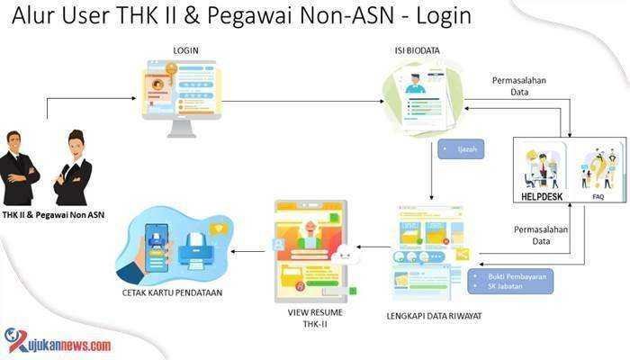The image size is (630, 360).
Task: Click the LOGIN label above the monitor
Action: pos(185,50)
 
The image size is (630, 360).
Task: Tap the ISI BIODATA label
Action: pos(417,50)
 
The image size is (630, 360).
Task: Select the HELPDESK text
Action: pos(542,196)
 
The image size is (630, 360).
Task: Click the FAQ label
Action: pos(598,197)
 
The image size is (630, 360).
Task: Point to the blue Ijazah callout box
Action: pos(461,149)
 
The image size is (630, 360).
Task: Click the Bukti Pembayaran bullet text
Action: pos(517,276)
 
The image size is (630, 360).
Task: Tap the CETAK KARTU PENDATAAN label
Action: pos(172,292)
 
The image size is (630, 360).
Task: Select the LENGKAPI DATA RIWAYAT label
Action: pos(434,316)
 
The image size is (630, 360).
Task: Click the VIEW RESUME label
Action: pos(315,312)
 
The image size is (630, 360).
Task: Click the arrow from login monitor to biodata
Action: pos(303,101)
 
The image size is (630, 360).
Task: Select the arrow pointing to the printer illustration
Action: pos(247,252)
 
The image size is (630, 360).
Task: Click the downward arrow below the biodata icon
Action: pos(431,170)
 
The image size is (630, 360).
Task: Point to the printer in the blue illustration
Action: pos(196,251)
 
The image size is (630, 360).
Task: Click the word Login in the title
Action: pos(444,16)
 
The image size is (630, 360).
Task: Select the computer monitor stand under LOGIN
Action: pos(182,129)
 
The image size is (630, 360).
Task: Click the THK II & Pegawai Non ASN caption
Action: pos(53,215)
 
